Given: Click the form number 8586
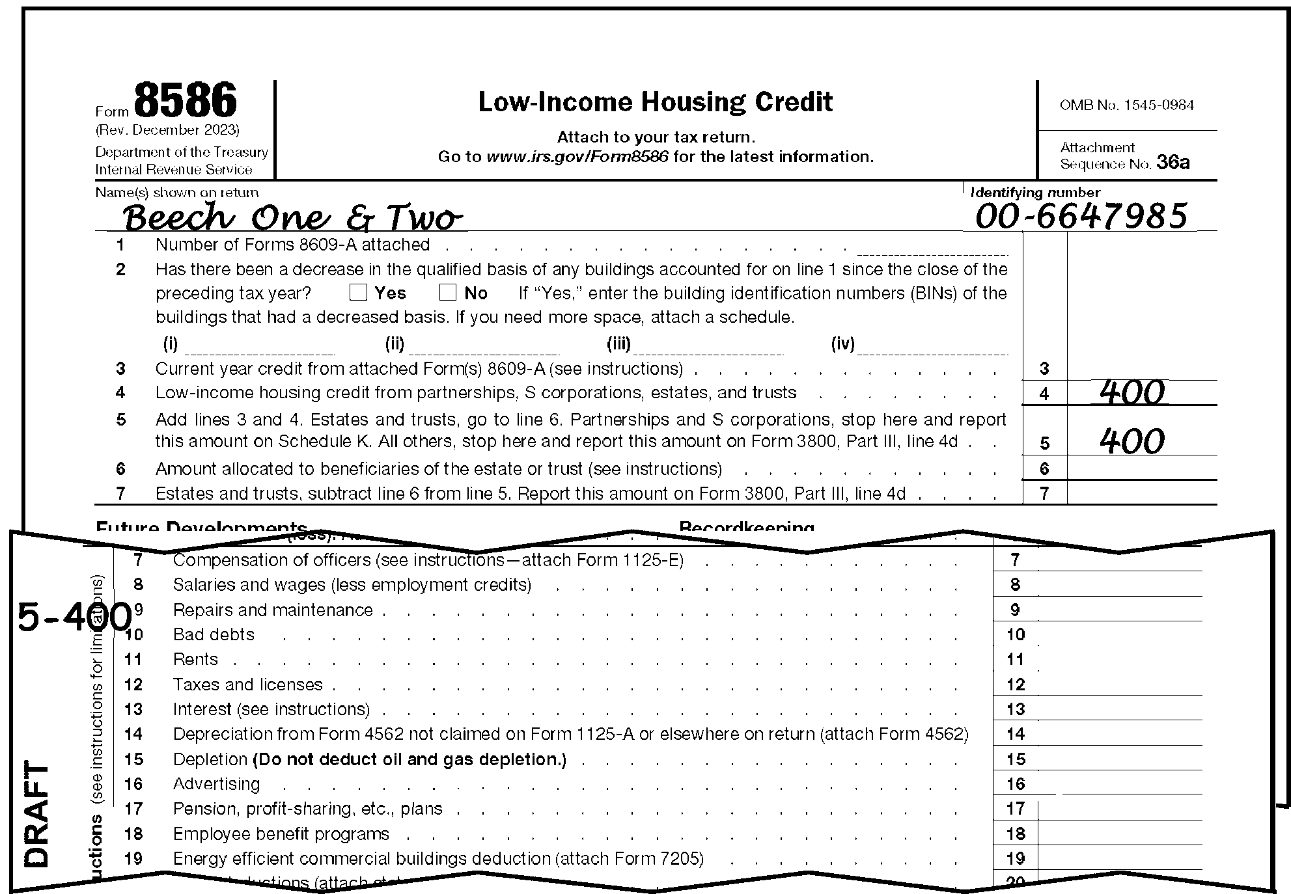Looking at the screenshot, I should [186, 101].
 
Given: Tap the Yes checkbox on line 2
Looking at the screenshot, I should [358, 292].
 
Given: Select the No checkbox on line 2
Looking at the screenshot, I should [447, 292].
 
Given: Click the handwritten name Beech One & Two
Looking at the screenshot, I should [292, 217].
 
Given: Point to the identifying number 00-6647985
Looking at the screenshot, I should [1081, 216].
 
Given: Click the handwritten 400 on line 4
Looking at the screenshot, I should [1131, 392].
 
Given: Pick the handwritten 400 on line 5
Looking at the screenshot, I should [1131, 441].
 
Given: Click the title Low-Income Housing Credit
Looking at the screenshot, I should [655, 102].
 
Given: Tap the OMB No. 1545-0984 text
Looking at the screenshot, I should [1126, 105].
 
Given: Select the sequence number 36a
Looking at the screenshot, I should [1173, 163].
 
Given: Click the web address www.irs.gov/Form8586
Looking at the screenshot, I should [577, 157].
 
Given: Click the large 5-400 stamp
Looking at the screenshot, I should [74, 617].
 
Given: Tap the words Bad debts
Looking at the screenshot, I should [214, 634].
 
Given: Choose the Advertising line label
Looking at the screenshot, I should [216, 784].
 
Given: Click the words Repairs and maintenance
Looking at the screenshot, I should [273, 610].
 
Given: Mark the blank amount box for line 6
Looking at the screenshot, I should [1141, 468].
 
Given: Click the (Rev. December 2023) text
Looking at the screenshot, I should [167, 130].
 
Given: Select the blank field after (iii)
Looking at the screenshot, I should [707, 345].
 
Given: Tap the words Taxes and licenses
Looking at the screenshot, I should [247, 684].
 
